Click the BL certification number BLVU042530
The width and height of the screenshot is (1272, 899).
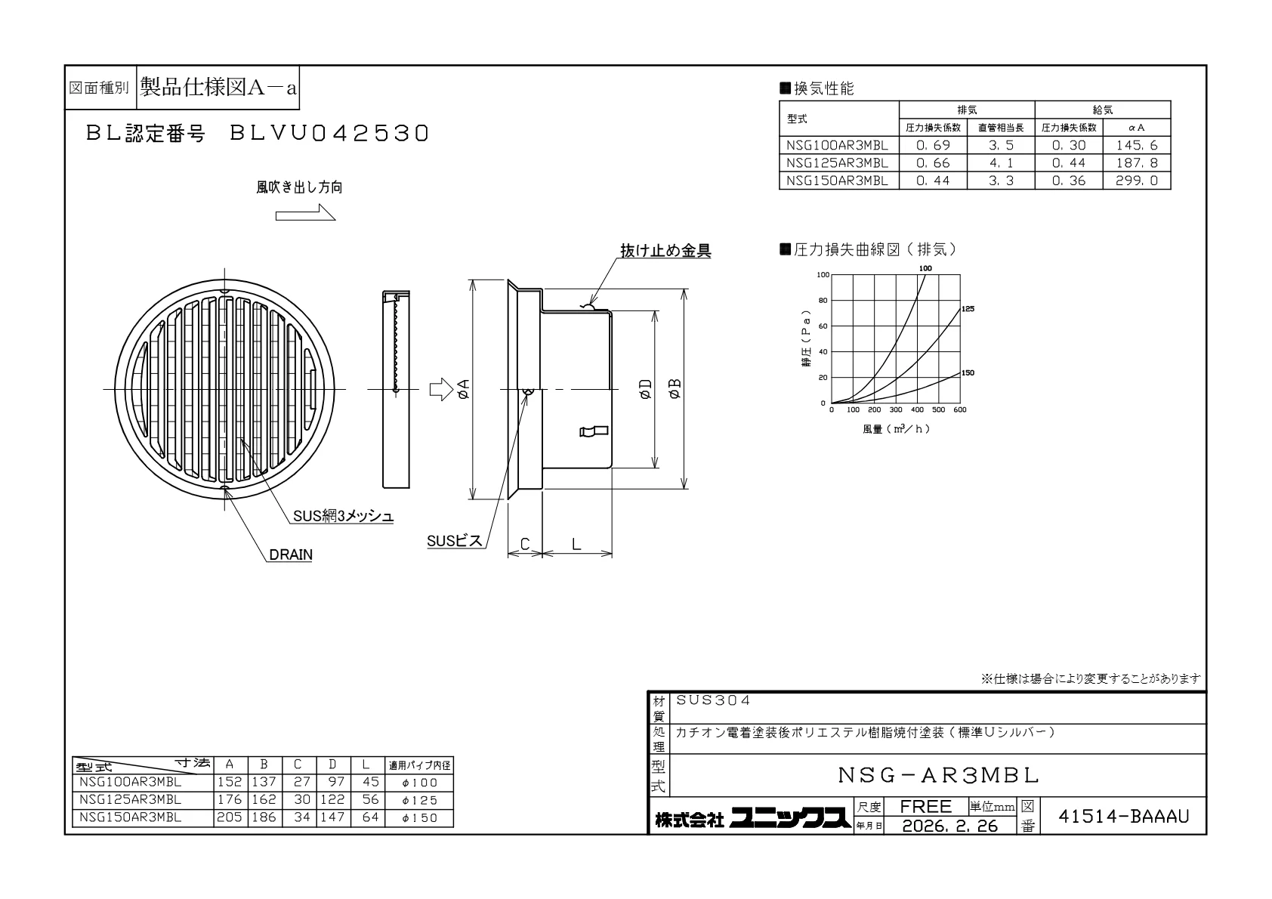329,134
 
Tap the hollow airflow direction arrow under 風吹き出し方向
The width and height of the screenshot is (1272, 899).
305,213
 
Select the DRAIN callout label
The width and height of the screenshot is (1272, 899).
291,555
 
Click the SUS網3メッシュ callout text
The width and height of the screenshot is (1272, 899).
343,516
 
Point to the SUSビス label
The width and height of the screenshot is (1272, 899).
454,541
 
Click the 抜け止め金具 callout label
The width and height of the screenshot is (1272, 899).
665,251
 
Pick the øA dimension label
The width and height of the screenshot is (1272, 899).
464,390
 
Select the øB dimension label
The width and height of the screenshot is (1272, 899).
675,390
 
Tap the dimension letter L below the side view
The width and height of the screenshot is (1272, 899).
576,545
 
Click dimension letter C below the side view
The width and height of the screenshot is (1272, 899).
525,545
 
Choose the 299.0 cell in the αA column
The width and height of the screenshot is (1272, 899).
1137,181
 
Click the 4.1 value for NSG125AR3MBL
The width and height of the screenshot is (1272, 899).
1001,163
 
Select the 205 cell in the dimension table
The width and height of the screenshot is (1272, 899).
230,817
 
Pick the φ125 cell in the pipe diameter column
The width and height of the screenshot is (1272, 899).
420,800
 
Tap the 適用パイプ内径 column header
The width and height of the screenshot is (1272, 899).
420,765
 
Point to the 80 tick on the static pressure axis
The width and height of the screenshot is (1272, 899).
823,301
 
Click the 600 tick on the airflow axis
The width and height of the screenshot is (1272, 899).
960,409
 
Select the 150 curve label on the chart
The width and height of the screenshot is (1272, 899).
968,373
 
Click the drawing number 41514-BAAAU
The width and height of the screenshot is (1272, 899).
1124,817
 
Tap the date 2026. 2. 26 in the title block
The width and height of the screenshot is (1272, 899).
950,826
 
